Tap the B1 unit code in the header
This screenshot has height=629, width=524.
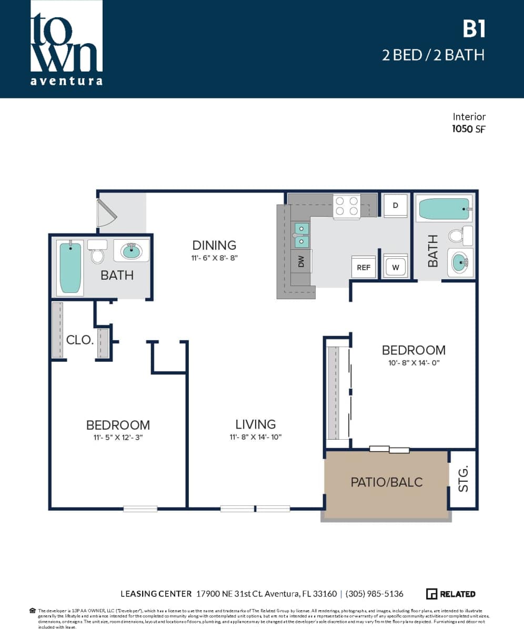tap(473, 29)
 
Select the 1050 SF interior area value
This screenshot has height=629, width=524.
tap(468, 129)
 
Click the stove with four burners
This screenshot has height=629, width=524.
tap(346, 206)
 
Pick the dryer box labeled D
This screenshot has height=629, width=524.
tap(396, 205)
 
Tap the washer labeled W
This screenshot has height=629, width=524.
tap(395, 266)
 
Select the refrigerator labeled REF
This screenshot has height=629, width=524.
tap(364, 267)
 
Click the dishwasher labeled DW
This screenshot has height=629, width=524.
tap(301, 261)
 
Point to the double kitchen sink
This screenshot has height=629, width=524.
tap(301, 235)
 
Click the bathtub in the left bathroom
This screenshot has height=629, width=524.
tap(70, 267)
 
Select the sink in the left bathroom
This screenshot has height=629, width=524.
tap(132, 251)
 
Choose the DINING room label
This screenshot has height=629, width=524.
tap(214, 245)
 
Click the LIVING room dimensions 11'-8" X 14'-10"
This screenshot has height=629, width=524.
tap(256, 437)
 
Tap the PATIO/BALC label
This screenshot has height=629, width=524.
tap(387, 482)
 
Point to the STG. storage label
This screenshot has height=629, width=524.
tap(463, 480)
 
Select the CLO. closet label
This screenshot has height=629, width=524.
tap(80, 340)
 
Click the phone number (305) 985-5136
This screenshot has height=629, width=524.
tap(374, 594)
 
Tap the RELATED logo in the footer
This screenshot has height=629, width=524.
tap(450, 594)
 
